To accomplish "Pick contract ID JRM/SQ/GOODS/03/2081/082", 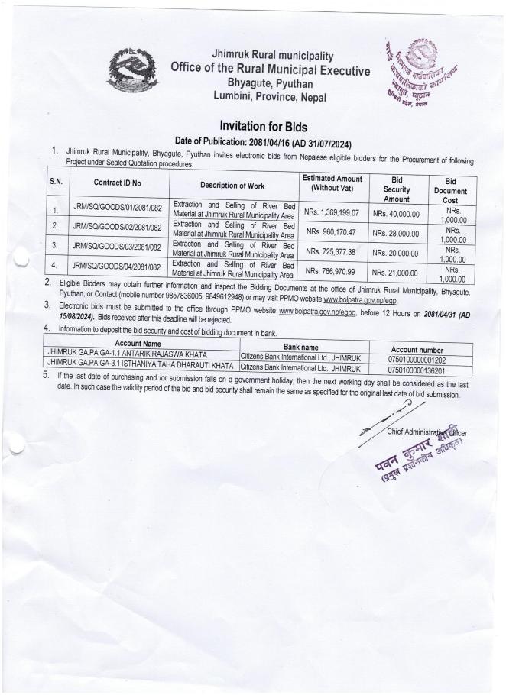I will point(117,247).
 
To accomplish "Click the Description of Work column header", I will point(232,185).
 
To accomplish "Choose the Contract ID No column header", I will point(118,183).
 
